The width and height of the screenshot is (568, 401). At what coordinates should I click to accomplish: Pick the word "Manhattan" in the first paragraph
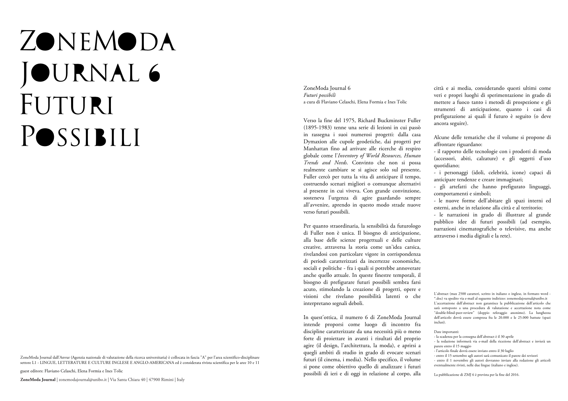tap(316, 149)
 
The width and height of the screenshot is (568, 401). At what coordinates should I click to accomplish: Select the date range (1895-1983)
tap(316, 128)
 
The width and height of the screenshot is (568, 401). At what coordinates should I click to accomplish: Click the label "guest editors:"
tap(32, 371)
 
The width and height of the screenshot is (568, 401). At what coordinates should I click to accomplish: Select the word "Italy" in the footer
tap(181, 379)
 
